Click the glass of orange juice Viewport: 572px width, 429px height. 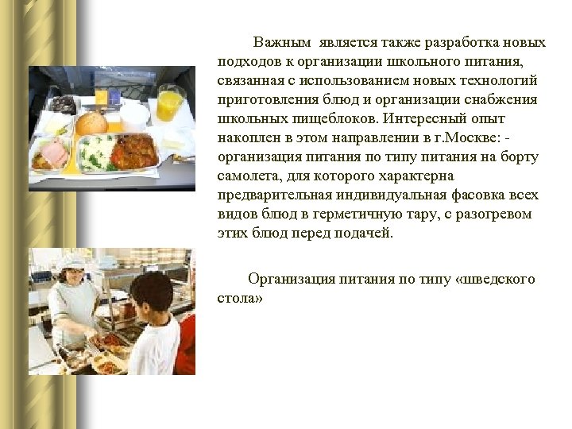click(x=168, y=103)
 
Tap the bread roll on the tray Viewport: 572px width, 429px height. click(x=91, y=123)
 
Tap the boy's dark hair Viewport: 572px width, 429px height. click(x=150, y=290)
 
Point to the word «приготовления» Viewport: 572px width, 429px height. click(x=265, y=99)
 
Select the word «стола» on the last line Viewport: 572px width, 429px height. click(x=238, y=298)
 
